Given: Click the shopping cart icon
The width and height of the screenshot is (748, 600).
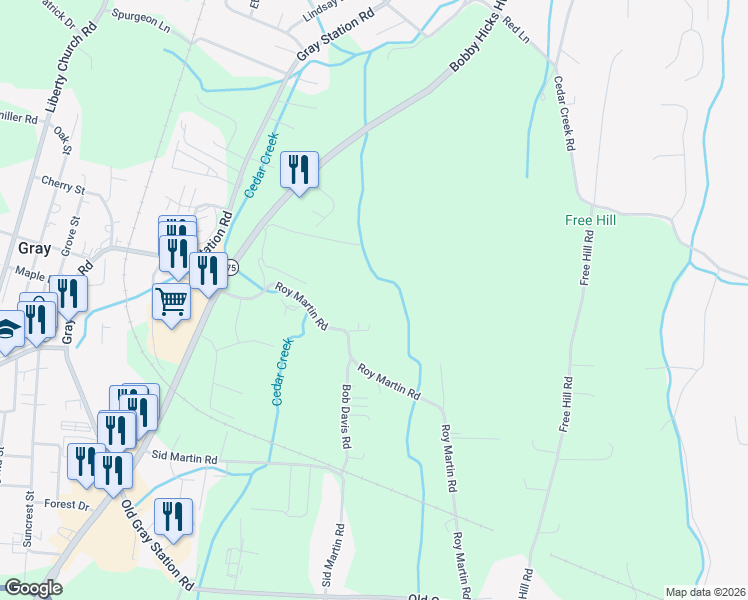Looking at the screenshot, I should [172, 300].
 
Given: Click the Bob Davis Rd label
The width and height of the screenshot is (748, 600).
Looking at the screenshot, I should [345, 417].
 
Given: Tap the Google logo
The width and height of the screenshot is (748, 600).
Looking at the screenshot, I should [32, 589].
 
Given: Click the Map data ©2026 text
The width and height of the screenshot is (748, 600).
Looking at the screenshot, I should [705, 592].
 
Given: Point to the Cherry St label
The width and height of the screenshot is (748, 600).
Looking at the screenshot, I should [63, 185].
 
